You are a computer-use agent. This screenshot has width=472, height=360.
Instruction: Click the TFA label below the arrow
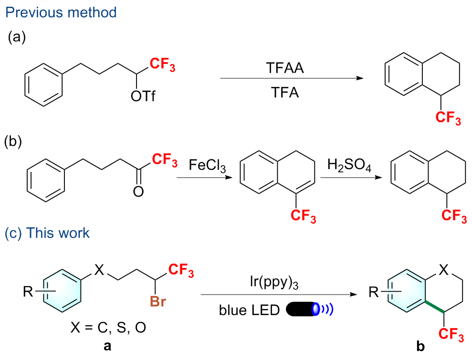pos(285,92)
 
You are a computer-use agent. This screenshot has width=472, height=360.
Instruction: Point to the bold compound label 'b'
pos(420,347)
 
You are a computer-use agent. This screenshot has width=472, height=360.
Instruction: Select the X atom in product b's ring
pos(443,271)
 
